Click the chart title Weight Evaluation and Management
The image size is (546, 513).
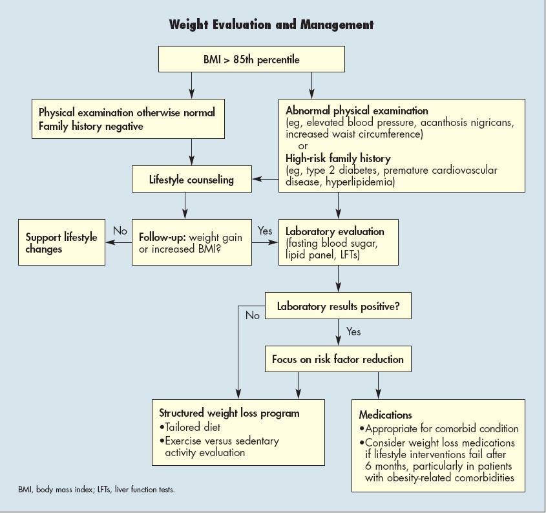click(271, 25)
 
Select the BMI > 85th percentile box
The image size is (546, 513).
click(251, 60)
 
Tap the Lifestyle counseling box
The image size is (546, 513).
click(191, 180)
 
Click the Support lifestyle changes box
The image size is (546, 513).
click(61, 243)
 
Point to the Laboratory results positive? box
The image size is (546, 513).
click(338, 307)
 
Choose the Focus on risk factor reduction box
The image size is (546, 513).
click(338, 359)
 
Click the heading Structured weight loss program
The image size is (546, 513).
click(229, 413)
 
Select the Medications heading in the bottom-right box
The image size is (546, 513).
click(386, 415)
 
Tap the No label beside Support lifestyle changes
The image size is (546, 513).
click(120, 231)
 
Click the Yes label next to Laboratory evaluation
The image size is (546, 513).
click(265, 231)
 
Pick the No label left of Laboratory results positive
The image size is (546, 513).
click(253, 316)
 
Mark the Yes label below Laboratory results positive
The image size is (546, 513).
click(353, 331)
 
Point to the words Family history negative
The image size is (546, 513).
click(91, 127)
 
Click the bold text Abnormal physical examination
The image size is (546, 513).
click(357, 111)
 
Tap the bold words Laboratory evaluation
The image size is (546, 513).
click(335, 231)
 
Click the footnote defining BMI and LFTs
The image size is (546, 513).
click(96, 490)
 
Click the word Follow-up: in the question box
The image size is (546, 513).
click(162, 237)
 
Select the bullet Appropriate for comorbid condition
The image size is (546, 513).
click(442, 428)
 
